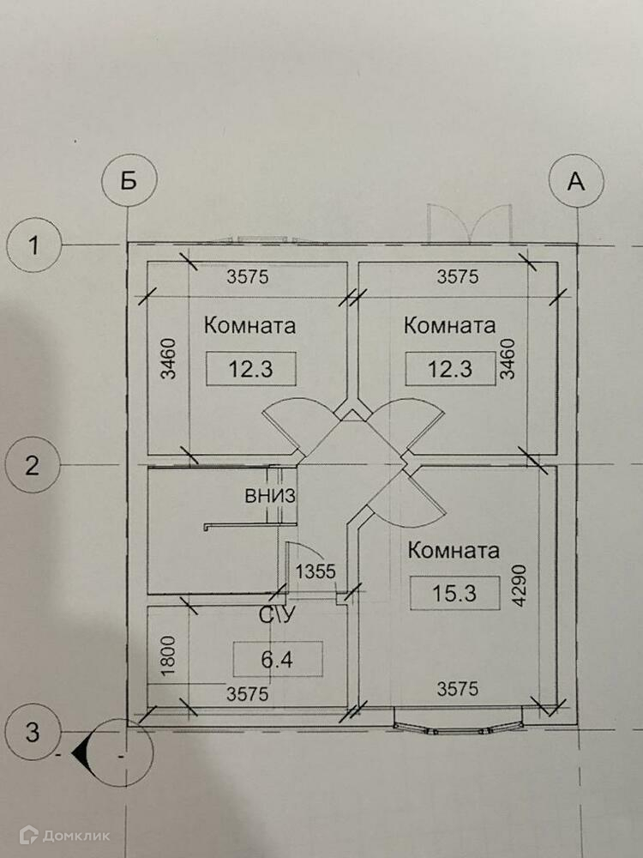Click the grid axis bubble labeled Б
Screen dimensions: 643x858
pos(129,183)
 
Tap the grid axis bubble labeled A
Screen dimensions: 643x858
pos(577,183)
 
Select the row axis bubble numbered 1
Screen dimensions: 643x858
pos(33,247)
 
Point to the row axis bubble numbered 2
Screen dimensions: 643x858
pos(32,466)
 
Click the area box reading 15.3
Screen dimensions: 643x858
pos(454,592)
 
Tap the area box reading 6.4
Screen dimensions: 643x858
pos(279,659)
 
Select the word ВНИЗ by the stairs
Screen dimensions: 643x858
pos(270,495)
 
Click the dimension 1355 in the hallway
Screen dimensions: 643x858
pos(315,571)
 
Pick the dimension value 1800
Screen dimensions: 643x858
pos(168,656)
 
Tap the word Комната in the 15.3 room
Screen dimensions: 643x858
pos(454,551)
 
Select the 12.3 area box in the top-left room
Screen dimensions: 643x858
pos(250,369)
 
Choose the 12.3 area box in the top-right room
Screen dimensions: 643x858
pos(449,369)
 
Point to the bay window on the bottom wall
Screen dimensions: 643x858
pos(457,720)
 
